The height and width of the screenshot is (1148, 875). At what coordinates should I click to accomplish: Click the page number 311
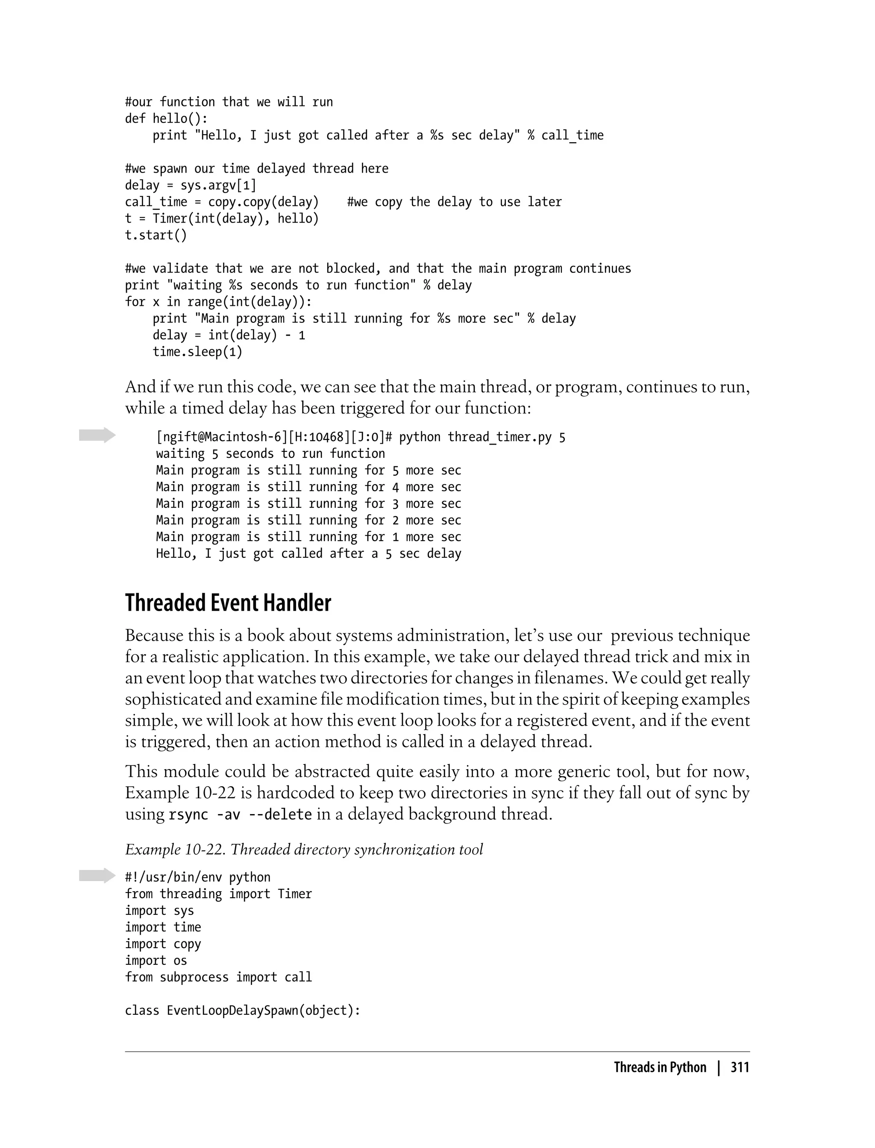pyautogui.click(x=740, y=1067)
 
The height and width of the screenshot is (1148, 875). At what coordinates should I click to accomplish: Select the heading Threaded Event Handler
pyautogui.click(x=228, y=603)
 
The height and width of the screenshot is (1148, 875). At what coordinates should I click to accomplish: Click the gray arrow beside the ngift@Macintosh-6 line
pyautogui.click(x=97, y=435)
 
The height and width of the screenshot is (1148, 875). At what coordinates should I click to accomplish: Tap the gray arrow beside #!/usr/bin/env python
pyautogui.click(x=97, y=876)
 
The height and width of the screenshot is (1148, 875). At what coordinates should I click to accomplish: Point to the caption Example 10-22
pyautogui.click(x=304, y=849)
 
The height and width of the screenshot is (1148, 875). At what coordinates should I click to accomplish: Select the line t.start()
pyautogui.click(x=156, y=235)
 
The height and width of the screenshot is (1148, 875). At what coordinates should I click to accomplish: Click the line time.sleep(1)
pyautogui.click(x=197, y=352)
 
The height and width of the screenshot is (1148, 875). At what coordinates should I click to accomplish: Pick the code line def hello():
pyautogui.click(x=166, y=119)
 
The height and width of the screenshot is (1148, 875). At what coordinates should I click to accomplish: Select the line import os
pyautogui.click(x=156, y=961)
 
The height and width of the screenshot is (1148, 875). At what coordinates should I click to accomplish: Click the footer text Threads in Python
pyautogui.click(x=660, y=1067)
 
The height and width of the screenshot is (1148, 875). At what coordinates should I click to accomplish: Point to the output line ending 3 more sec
pyautogui.click(x=308, y=504)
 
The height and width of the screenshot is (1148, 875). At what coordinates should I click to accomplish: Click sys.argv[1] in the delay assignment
pyautogui.click(x=218, y=185)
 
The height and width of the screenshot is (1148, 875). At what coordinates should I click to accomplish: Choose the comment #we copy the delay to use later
pyautogui.click(x=454, y=202)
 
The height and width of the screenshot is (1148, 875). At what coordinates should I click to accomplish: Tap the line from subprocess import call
pyautogui.click(x=218, y=977)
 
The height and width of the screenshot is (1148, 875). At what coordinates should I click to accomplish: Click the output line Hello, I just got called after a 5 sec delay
pyautogui.click(x=308, y=554)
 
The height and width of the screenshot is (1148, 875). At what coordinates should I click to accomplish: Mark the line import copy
pyautogui.click(x=162, y=944)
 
